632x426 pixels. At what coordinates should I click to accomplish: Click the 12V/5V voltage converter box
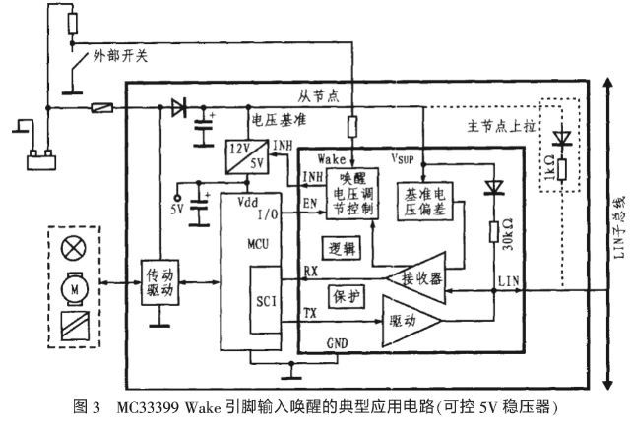pos(247,157)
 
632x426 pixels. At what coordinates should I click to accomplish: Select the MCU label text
pos(258,244)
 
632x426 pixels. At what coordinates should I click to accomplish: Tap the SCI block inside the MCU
pos(266,299)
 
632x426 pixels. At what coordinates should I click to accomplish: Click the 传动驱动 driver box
pos(160,282)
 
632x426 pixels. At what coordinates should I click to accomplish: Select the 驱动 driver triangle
pos(411,321)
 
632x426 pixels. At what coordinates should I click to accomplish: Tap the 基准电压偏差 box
pos(425,202)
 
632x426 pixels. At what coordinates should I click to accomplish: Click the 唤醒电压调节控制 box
pos(352,194)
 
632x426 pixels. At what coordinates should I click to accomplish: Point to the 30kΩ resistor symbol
pos(494,231)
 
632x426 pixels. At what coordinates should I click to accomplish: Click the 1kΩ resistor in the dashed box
pos(562,169)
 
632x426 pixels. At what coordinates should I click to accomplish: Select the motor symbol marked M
pos(75,288)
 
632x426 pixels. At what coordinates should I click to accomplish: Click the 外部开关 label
pos(120,56)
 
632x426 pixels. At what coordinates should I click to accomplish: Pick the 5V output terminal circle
pos(176,198)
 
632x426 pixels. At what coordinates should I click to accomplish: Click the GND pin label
pos(337,343)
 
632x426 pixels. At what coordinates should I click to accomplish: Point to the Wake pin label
pos(332,159)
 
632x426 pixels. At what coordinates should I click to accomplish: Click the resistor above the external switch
pos(73,24)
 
